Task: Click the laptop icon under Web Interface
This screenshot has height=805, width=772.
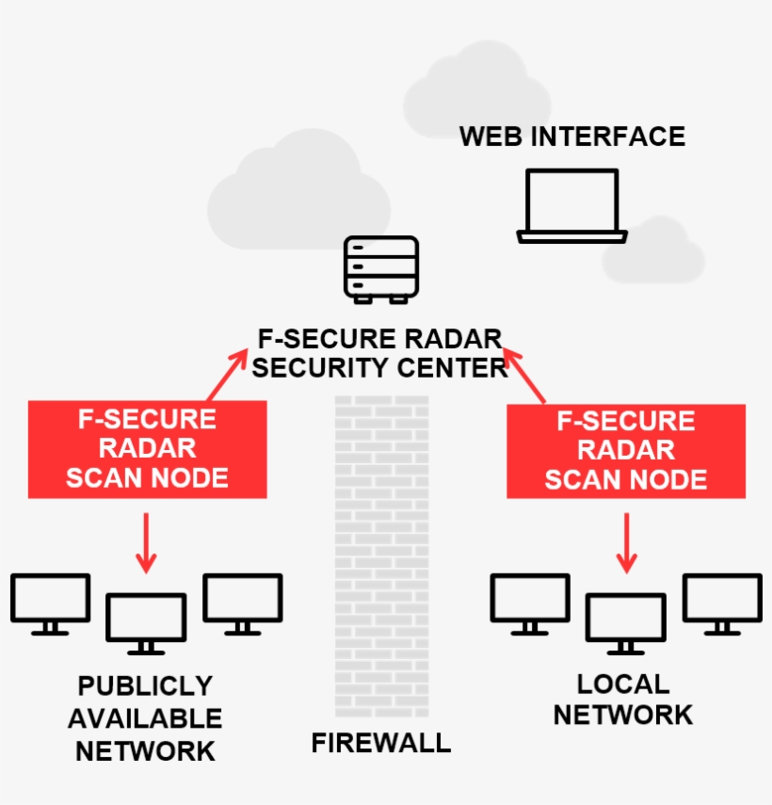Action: coord(571,205)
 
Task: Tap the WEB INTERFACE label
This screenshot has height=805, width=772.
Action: coord(571,137)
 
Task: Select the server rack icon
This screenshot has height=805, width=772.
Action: coord(380,269)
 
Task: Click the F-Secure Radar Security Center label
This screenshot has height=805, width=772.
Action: coord(380,353)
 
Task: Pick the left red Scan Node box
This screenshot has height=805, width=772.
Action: coord(147,449)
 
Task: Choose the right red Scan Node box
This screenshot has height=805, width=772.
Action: coord(626,451)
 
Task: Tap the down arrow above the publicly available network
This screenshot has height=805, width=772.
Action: coord(145,543)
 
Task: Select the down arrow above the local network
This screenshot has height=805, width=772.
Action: coord(626,543)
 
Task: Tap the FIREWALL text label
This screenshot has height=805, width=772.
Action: coord(381,743)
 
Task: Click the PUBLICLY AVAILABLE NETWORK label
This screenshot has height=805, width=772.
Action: coord(145,718)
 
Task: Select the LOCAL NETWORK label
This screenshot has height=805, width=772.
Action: coord(623,700)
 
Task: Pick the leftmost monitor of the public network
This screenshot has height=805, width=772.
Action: coord(51,603)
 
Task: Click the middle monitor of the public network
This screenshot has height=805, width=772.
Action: coord(145,621)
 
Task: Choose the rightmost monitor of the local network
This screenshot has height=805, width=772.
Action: coord(722,603)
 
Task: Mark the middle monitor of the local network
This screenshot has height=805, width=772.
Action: coord(626,621)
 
